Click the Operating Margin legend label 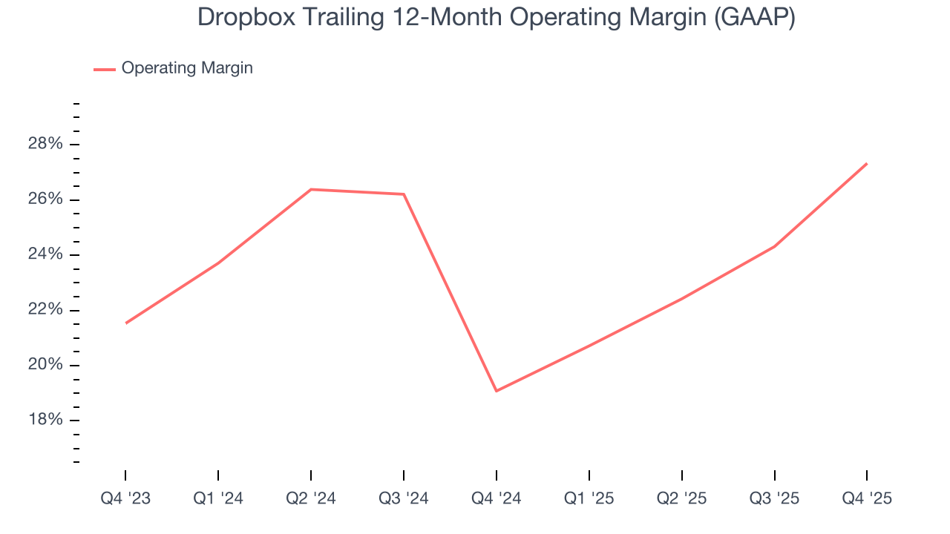(x=187, y=68)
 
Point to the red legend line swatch (x=104, y=69)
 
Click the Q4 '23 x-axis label (x=125, y=498)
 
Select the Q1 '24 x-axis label (x=218, y=498)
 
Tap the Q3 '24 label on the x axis (x=404, y=498)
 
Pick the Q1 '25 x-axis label (x=589, y=498)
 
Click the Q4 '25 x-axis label (x=867, y=498)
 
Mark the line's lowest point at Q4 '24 (x=497, y=391)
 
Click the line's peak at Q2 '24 (x=311, y=189)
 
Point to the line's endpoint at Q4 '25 (x=867, y=163)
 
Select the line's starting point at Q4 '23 (x=125, y=323)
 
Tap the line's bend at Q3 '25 (x=775, y=246)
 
